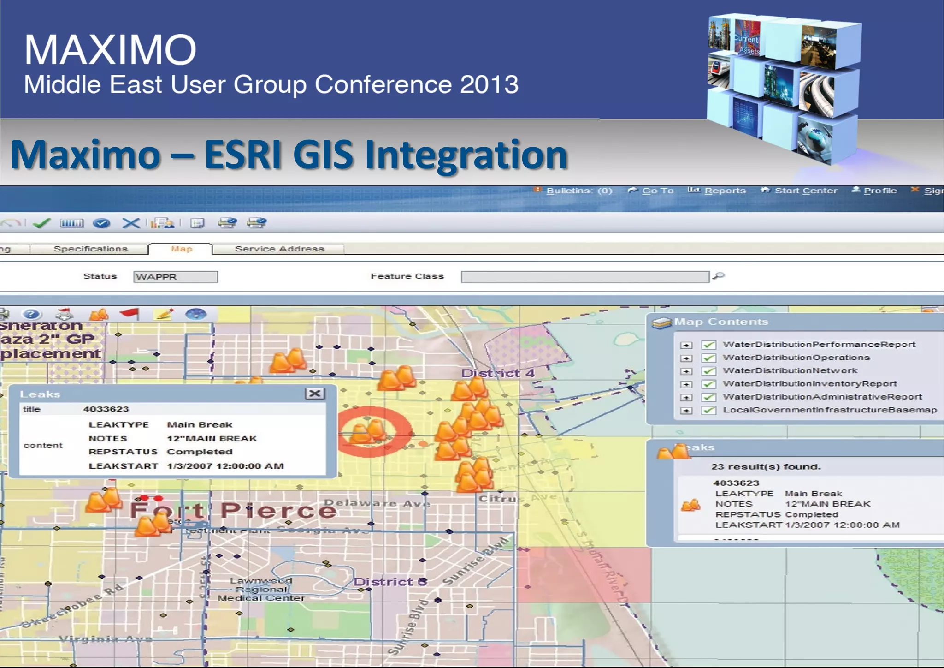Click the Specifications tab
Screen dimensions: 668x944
(x=90, y=249)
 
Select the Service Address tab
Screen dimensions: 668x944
(x=279, y=249)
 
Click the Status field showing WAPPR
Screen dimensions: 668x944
(x=175, y=277)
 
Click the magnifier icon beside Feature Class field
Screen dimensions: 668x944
(x=719, y=276)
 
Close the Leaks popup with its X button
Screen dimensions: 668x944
(x=315, y=394)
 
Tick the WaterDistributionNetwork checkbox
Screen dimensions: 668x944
(x=708, y=371)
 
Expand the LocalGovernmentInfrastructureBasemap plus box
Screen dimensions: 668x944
(x=686, y=410)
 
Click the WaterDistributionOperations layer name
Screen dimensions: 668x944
(x=796, y=358)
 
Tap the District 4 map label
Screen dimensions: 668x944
(x=497, y=373)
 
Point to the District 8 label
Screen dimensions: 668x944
(x=390, y=582)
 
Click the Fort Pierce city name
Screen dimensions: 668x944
(x=233, y=510)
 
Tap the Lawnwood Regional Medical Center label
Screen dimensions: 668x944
(x=261, y=590)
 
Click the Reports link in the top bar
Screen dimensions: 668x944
(x=724, y=191)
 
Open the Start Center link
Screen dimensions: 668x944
(x=805, y=191)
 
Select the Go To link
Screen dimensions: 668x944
(x=657, y=191)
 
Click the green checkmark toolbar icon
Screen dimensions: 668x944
(x=42, y=223)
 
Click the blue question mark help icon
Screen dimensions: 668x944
(x=31, y=315)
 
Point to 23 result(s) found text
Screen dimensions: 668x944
(x=766, y=466)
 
